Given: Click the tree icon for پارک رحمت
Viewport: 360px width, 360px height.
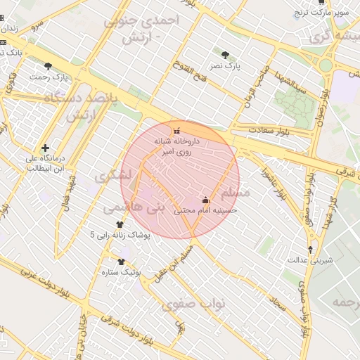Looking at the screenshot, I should tap(48, 66).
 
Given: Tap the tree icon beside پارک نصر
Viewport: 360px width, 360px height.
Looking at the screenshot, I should tap(224, 54).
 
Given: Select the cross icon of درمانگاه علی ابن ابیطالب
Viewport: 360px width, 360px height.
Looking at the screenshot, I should tap(46, 148).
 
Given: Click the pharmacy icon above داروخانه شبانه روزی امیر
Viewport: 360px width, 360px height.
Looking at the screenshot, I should tap(176, 131).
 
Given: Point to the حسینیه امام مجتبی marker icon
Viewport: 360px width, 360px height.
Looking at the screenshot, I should tap(205, 200).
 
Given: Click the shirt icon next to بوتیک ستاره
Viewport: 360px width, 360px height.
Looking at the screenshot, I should tap(121, 262).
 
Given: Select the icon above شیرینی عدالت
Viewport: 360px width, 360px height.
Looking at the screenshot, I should tap(311, 250).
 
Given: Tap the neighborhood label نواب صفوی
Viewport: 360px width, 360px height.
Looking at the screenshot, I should tap(193, 304).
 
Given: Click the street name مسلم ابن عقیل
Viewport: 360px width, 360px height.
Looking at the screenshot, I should tap(176, 260).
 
